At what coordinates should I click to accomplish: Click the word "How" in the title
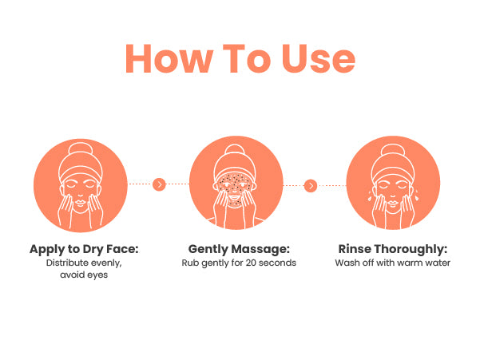[169, 58]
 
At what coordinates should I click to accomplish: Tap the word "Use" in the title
[319, 58]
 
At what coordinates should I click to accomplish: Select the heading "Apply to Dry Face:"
[84, 250]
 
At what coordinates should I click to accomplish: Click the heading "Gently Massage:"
[239, 250]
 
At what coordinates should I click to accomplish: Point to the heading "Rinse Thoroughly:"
[393, 250]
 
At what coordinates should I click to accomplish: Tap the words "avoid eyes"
[84, 275]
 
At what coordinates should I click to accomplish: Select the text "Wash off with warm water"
[392, 263]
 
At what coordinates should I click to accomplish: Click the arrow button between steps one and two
[159, 184]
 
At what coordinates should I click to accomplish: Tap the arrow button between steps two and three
[311, 186]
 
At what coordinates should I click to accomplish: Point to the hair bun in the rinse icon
[393, 149]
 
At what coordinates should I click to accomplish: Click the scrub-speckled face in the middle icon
[235, 190]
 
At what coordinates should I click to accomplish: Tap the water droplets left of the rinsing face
[370, 195]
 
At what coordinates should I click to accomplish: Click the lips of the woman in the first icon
[80, 203]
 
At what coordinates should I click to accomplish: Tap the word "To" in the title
[247, 58]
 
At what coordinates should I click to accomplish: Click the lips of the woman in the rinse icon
[393, 203]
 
